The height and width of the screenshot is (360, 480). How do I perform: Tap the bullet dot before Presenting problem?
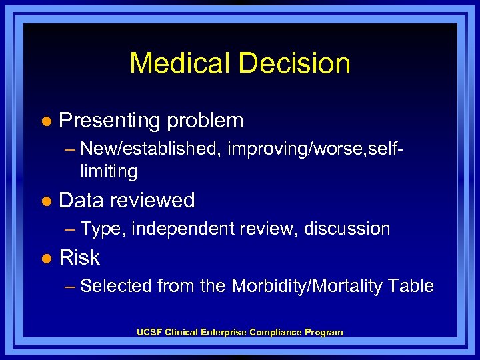(45, 121)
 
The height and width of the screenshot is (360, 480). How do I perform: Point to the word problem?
(205, 121)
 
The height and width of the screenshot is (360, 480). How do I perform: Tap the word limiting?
(109, 172)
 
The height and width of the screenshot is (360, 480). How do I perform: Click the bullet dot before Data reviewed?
(45, 201)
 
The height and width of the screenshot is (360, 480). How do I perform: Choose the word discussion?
(347, 229)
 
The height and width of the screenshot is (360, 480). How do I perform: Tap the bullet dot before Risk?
(45, 258)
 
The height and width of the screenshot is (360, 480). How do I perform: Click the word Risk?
(80, 257)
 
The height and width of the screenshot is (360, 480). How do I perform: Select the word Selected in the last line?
(116, 287)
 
